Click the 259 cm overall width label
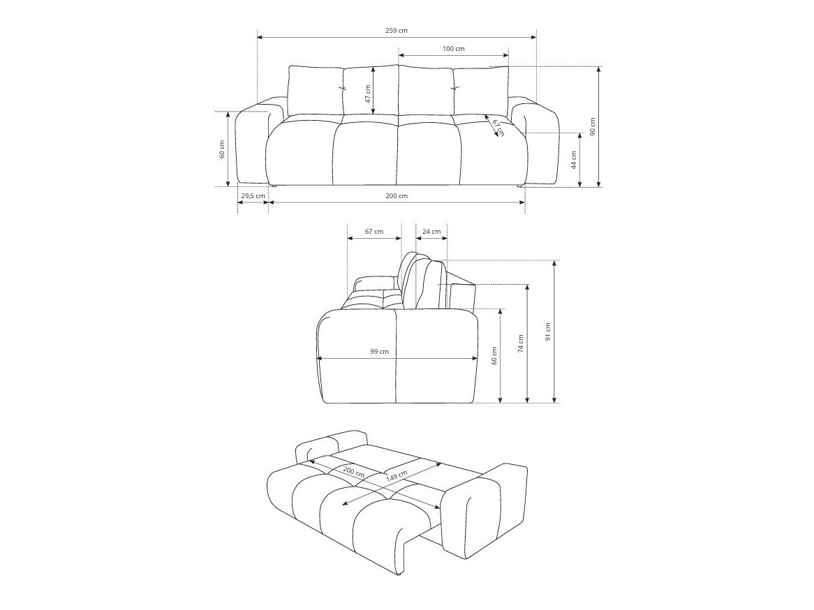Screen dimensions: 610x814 tap(396, 31)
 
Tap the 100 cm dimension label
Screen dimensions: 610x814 tap(453, 49)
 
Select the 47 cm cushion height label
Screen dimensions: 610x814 tap(368, 94)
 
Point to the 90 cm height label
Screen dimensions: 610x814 tap(593, 126)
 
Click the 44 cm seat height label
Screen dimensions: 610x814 tap(573, 161)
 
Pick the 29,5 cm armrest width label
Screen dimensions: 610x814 tap(252, 196)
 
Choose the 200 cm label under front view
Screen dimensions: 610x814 tap(396, 196)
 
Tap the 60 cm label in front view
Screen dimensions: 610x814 tap(222, 149)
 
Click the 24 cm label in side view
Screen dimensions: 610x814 tap(431, 232)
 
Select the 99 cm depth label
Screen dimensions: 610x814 tap(379, 352)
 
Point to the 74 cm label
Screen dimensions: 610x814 tap(520, 343)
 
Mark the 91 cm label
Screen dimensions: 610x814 tap(548, 331)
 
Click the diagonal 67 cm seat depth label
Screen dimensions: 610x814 tap(498, 128)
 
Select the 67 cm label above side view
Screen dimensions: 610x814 tap(373, 232)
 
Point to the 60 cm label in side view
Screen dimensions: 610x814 tap(494, 356)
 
